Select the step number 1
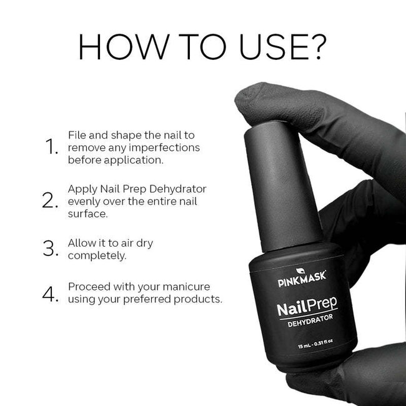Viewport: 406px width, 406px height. [x=51, y=147]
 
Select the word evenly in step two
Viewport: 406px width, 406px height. [x=84, y=201]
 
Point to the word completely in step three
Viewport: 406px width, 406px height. [x=96, y=256]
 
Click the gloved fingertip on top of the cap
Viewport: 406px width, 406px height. [x=262, y=97]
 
